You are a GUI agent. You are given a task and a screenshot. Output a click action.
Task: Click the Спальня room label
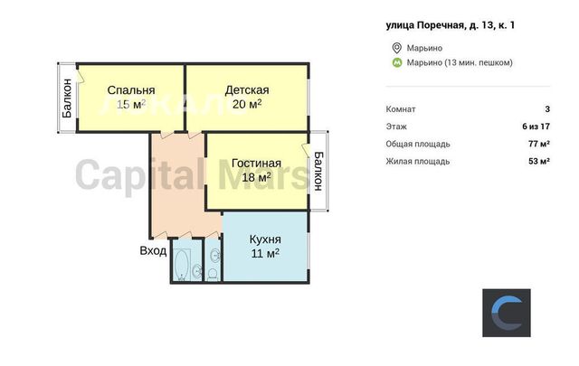coord(131,90)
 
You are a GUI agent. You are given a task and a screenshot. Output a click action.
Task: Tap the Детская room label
coord(247,90)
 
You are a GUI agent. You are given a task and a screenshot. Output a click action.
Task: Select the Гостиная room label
coord(256,163)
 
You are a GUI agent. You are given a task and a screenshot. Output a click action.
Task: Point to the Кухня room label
coord(265,239)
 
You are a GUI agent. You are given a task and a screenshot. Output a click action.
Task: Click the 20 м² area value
coord(247,104)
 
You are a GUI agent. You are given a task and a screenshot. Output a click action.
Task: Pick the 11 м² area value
coord(265,253)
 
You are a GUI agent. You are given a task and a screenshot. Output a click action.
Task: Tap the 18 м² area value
coord(256,177)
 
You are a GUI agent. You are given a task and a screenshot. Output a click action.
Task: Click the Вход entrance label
coord(153,251)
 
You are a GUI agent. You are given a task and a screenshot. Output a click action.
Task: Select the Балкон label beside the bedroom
coord(67,99)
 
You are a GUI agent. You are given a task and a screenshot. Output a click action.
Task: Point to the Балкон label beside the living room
coord(318,171)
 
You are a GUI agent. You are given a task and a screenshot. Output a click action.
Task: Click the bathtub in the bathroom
coord(182,264)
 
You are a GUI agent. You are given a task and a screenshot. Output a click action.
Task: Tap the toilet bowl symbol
coord(213,275)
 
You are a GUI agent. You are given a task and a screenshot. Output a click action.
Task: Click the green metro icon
coord(396,62)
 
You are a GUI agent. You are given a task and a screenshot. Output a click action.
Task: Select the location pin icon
coord(396,48)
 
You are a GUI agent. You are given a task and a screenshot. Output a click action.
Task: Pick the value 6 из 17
coord(536,127)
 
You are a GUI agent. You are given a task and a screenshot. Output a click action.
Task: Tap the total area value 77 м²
coord(539,144)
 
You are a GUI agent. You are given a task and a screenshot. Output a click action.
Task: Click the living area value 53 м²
coord(539,161)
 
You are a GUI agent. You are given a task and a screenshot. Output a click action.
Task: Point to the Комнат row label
coord(401,109)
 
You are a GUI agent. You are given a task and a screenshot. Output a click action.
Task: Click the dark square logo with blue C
coord(507,313)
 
